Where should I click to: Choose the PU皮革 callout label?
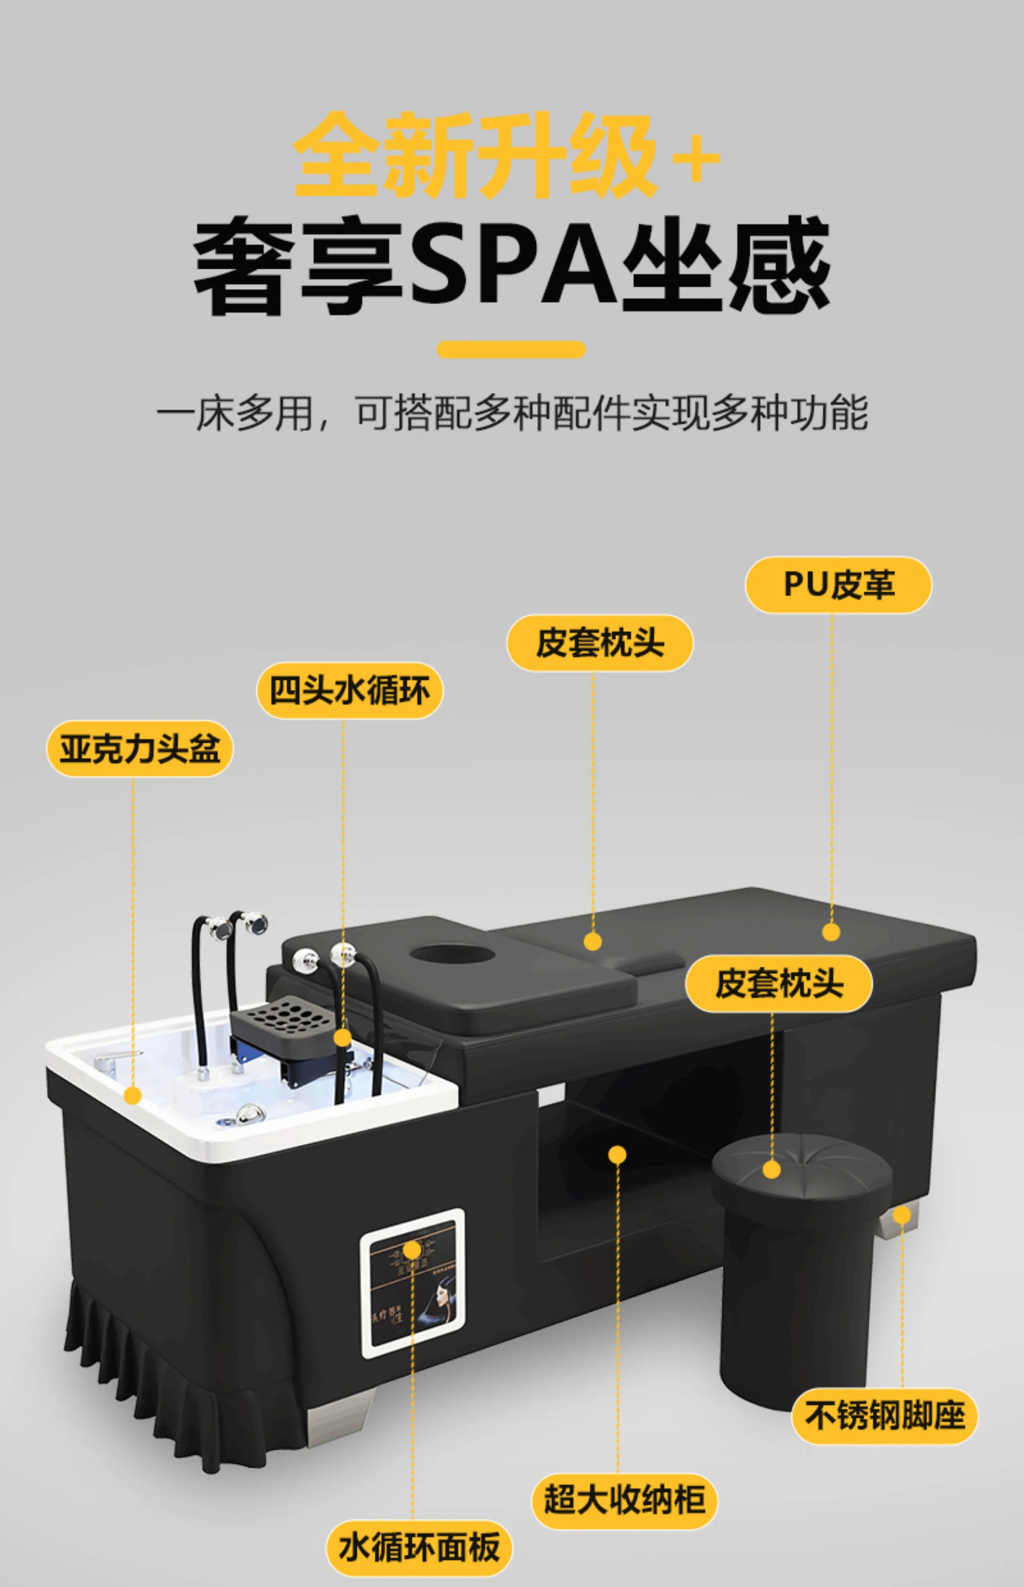[x=838, y=585]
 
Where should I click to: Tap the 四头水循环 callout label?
[x=350, y=690]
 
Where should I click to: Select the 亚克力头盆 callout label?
[x=140, y=748]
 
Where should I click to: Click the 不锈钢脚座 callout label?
[x=884, y=1416]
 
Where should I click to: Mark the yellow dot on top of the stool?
[x=771, y=1170]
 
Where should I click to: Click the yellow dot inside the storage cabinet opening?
[x=617, y=1154]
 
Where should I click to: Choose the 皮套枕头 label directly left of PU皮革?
[x=600, y=643]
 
